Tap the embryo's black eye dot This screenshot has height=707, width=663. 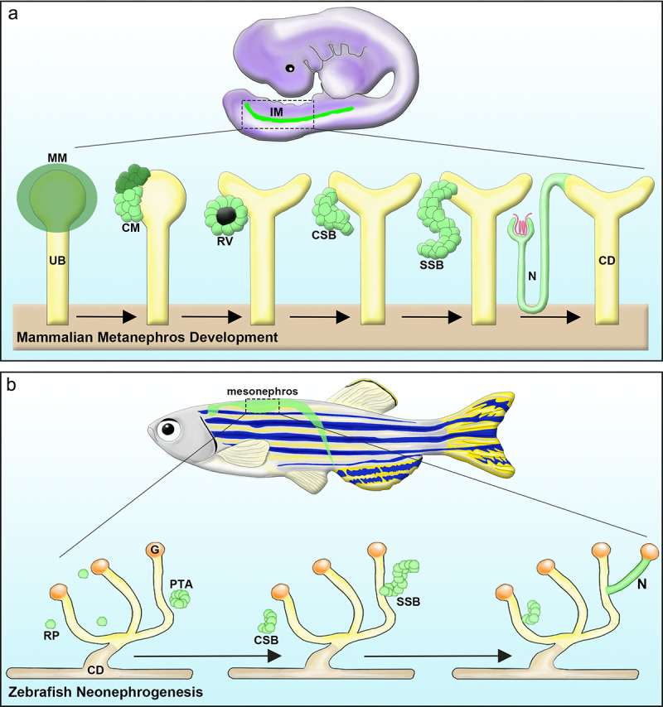[290, 69]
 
